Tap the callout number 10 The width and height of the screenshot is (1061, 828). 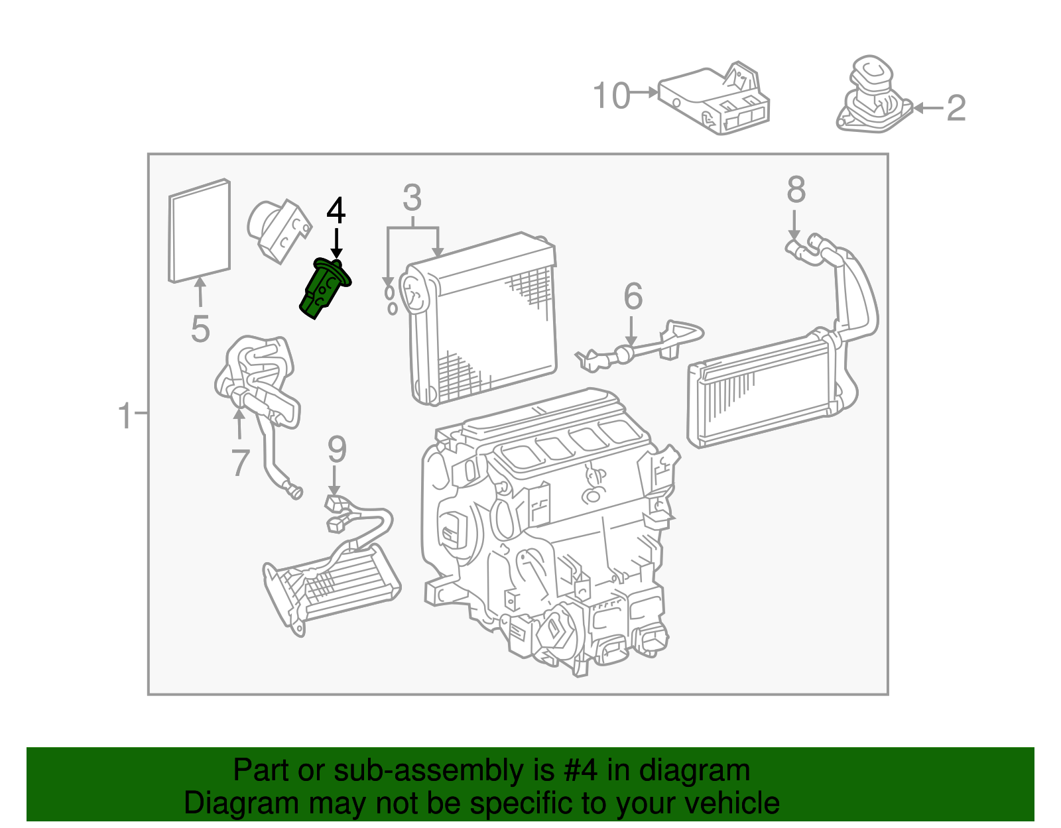pos(611,96)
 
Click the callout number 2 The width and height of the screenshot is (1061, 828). pos(956,108)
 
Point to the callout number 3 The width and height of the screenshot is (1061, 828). pos(412,198)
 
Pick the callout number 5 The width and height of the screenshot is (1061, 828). pos(200,329)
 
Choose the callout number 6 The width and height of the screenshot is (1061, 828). pos(633,296)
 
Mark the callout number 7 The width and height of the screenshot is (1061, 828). pos(240,462)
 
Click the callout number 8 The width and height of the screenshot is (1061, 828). pos(796,190)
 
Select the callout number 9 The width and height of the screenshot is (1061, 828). pos(337,449)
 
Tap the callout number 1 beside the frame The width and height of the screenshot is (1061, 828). pos(125,416)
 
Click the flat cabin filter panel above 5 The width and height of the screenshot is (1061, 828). pos(199,231)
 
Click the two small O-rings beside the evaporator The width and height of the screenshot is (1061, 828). pos(391,300)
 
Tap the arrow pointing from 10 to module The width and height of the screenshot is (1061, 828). pos(643,93)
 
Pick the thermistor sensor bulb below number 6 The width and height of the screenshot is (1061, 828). pos(623,355)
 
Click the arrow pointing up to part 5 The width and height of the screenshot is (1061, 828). pos(199,292)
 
